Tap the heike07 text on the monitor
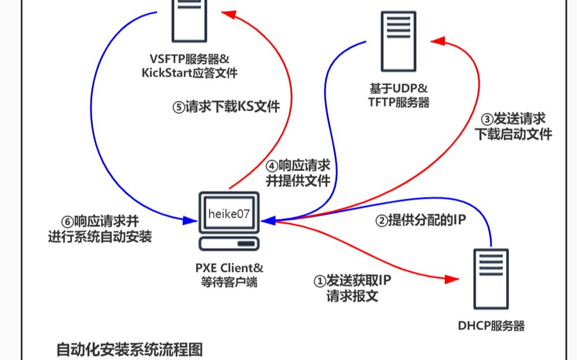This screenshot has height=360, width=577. coord(229,214)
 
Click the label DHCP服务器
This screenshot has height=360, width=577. coord(491,326)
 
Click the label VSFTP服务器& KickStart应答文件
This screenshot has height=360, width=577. coord(190,66)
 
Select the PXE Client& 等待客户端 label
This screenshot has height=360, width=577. coord(229,275)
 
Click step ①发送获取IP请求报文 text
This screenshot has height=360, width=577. coord(352,289)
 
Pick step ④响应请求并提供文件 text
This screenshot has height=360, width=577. coord(297,172)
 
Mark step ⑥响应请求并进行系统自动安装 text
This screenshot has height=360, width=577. coord(99,228)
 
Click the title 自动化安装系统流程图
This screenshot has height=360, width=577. coord(130,349)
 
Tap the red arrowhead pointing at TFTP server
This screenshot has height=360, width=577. coord(439,41)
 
